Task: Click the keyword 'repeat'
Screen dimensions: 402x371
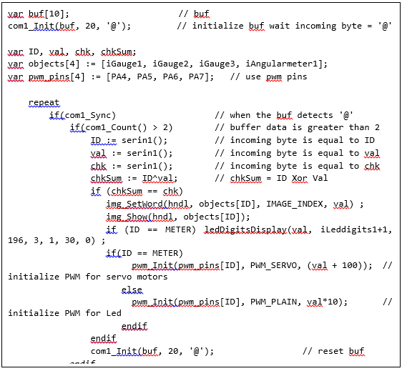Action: coord(44,102)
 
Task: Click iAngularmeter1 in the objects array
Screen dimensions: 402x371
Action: coord(284,64)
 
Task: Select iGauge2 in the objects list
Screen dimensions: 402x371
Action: coord(170,64)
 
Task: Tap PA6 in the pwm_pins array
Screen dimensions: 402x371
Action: coord(170,76)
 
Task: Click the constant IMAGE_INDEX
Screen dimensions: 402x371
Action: coord(295,204)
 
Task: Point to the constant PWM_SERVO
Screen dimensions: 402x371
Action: coord(273,265)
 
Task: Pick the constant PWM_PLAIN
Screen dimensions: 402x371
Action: coord(273,302)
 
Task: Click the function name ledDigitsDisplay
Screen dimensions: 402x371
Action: coord(245,229)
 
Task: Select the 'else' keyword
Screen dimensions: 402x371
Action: coord(132,290)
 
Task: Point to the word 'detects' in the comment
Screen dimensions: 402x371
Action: coord(315,115)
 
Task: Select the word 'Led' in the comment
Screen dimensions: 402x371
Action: coord(114,313)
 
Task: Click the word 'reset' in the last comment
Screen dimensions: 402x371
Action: coord(330,351)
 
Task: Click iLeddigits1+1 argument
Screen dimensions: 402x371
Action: coord(353,229)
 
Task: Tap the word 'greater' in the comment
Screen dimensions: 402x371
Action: coord(325,127)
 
